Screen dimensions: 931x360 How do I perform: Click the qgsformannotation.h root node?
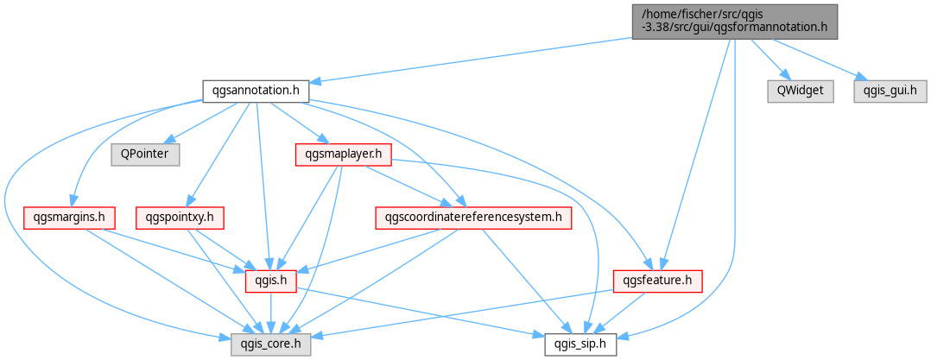[734, 22]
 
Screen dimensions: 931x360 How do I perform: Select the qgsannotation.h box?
[256, 92]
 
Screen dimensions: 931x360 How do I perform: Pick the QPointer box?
[145, 155]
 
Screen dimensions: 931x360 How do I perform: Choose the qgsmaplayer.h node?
[343, 155]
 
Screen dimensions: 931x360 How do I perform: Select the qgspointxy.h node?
[180, 218]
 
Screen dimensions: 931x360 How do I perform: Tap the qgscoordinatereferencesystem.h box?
[473, 218]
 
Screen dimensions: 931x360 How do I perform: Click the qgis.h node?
[271, 281]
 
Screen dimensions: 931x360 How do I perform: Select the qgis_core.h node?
[271, 344]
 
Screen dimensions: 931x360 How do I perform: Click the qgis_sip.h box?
[581, 344]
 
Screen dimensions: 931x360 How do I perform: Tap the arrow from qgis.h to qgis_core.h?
[271, 313]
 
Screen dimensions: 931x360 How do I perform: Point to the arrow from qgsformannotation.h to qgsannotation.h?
[470, 60]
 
